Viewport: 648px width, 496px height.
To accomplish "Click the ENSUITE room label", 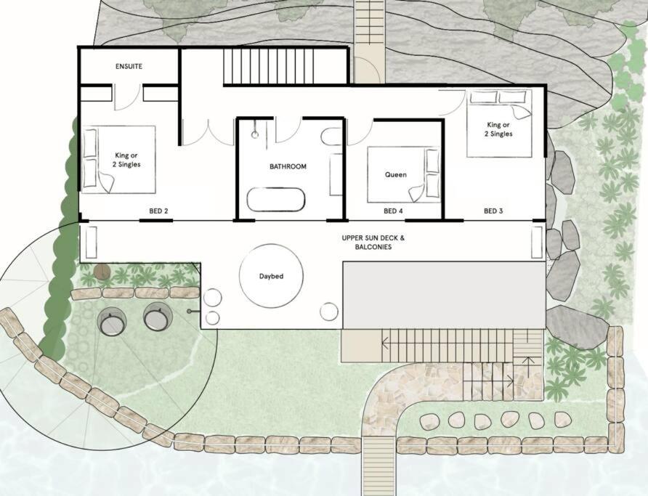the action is pos(129,66).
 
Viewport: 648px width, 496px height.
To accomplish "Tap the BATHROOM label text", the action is pos(288,166).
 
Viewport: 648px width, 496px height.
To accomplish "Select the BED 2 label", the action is pos(158,211).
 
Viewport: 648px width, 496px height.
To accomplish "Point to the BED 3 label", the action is pos(493,211).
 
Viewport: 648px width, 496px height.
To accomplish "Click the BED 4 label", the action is pos(393,211).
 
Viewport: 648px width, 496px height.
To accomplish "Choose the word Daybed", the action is pos(271,276).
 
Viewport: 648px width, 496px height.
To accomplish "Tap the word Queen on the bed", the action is pos(396,175).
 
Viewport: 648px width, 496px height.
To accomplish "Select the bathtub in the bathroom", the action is pos(276,200).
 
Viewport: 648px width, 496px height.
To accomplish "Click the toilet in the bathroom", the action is pos(331,137).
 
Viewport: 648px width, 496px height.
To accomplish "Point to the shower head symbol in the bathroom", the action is pos(255,134).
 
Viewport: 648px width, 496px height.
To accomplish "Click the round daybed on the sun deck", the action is pos(271,275).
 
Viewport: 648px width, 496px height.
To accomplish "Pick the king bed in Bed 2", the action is pos(118,160).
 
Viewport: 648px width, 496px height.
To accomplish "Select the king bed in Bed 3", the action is pos(499,123).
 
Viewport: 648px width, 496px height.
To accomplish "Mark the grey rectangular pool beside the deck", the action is pos(445,295).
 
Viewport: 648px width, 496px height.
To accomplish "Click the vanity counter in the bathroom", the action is pos(336,175).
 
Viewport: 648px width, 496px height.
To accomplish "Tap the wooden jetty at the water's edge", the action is pos(378,466).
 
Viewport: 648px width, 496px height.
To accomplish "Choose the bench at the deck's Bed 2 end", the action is pos(92,243).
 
